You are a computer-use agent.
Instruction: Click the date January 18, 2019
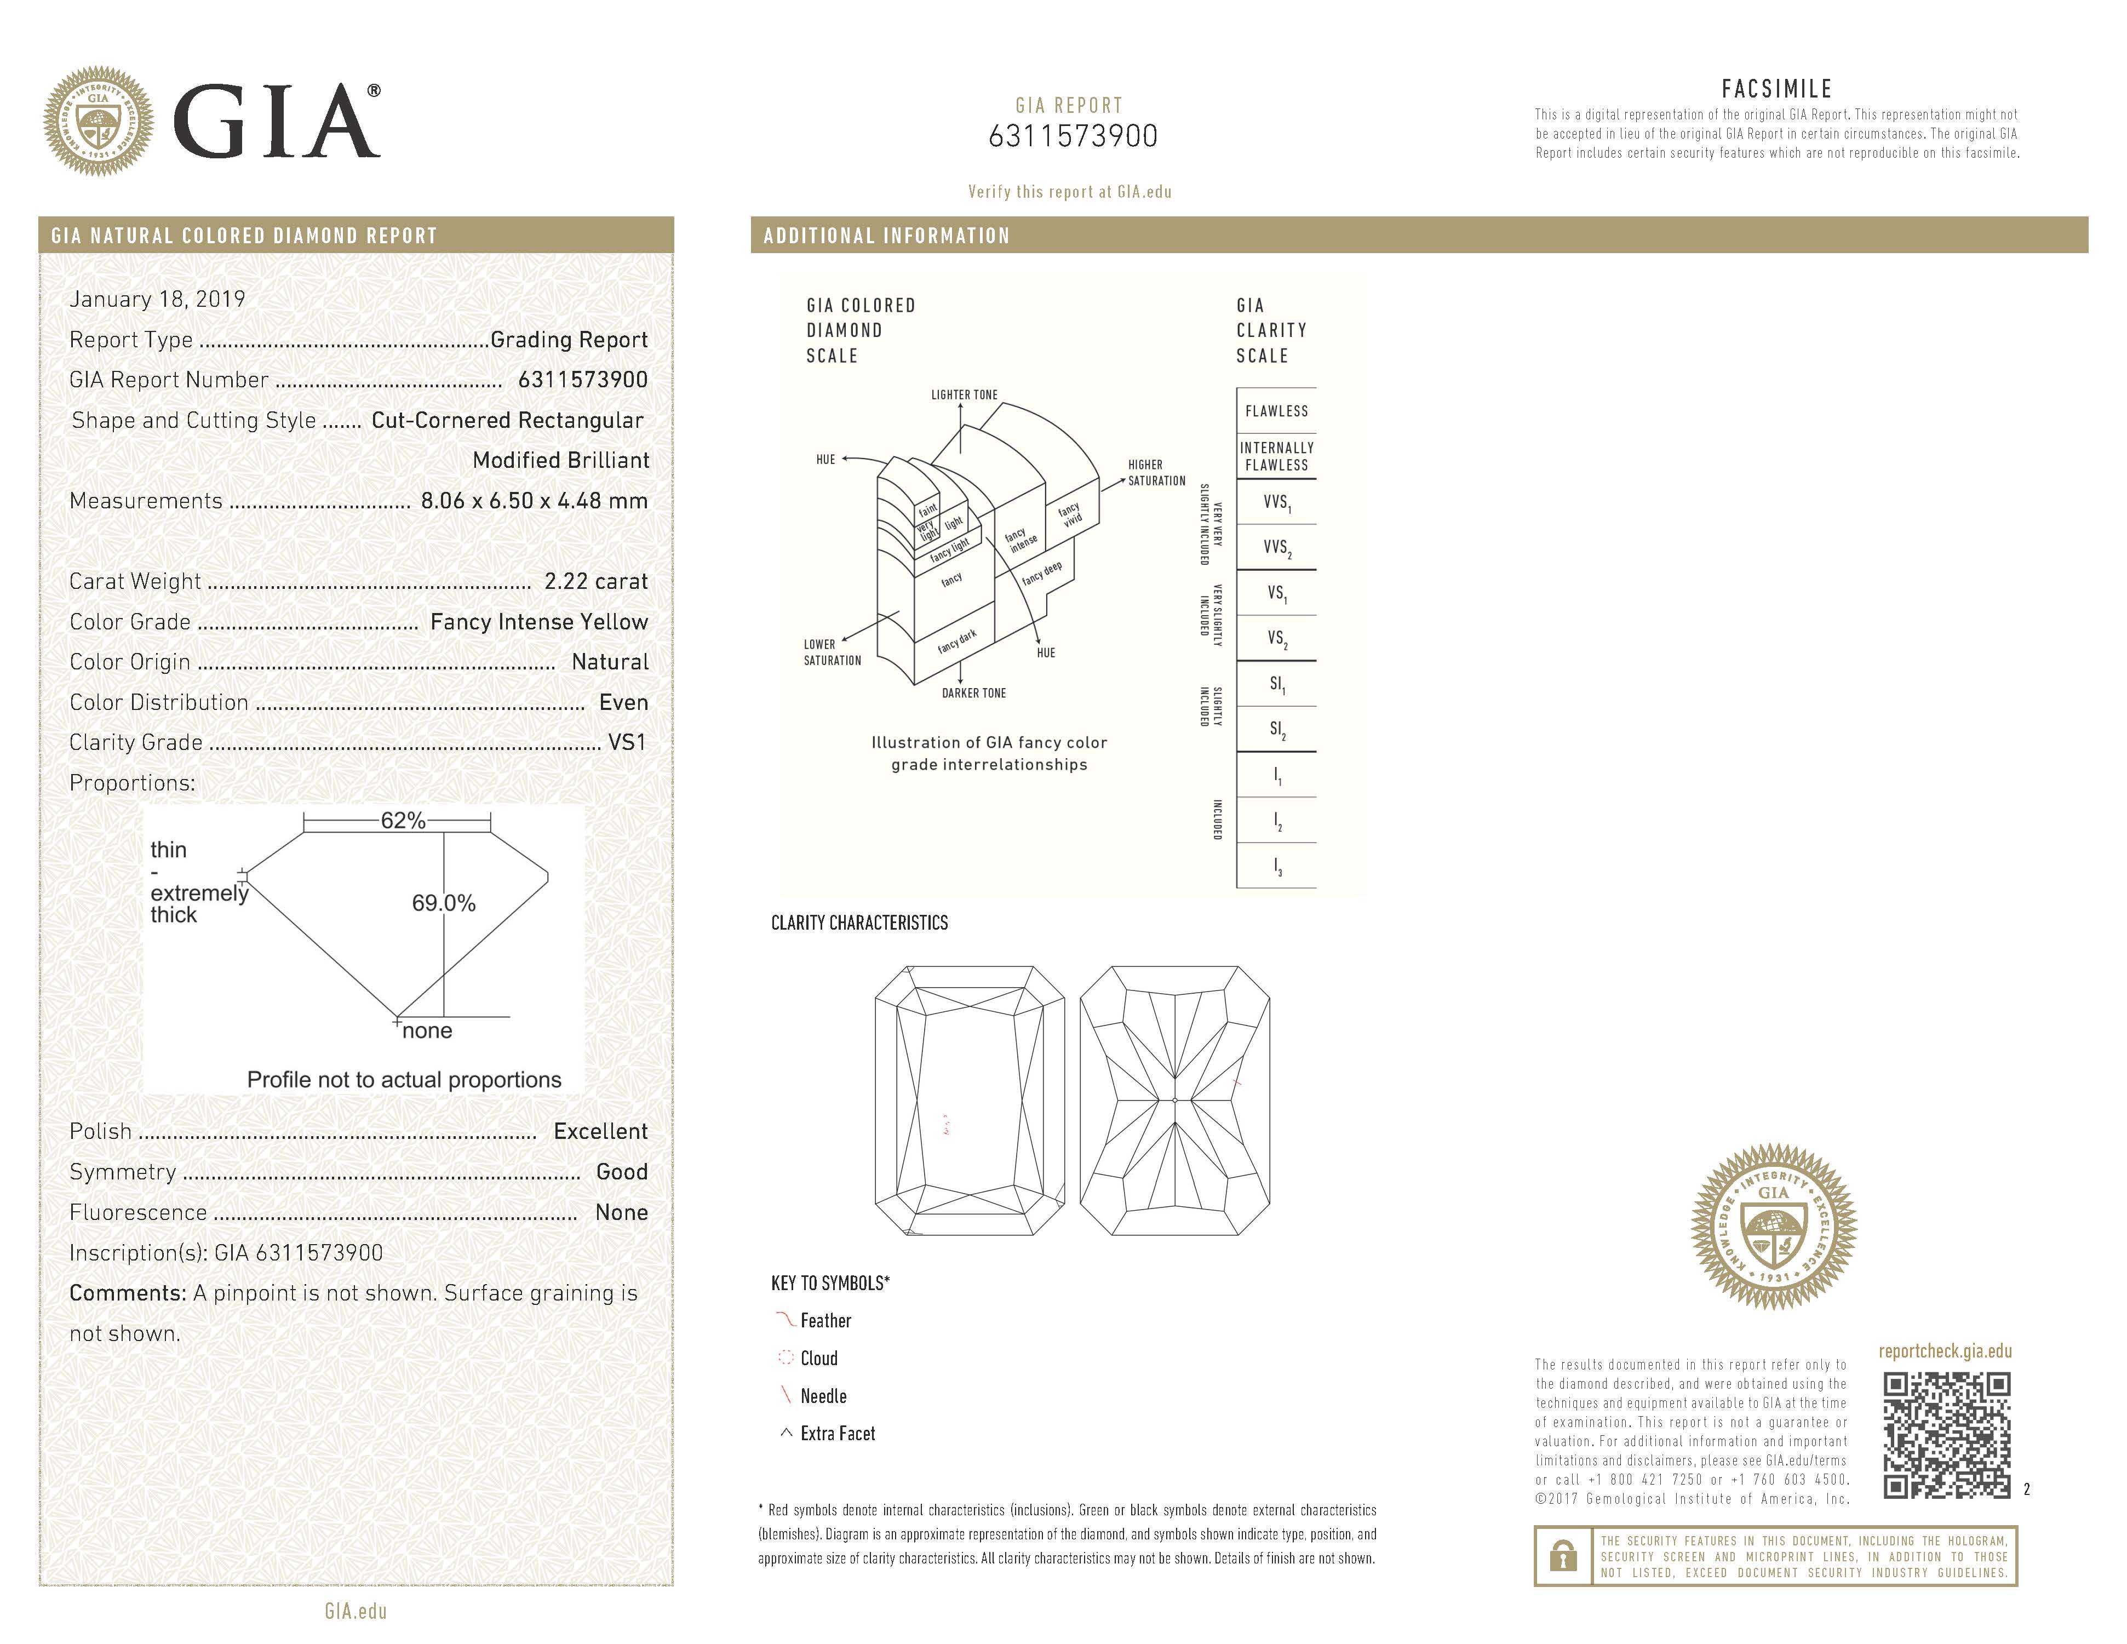(x=157, y=299)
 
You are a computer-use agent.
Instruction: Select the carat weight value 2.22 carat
(x=595, y=581)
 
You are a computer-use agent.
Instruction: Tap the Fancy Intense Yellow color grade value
(x=538, y=621)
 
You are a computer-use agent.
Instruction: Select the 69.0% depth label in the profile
(x=443, y=903)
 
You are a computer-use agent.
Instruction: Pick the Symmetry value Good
(x=621, y=1172)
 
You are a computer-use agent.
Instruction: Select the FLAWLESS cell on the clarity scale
(x=1276, y=411)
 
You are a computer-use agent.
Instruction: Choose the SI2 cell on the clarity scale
(x=1276, y=730)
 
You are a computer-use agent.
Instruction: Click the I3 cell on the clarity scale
(x=1276, y=866)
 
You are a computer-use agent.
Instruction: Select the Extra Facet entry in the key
(x=836, y=1434)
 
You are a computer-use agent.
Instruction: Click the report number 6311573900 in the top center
(x=1073, y=136)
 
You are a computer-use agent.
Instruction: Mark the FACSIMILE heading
(x=1776, y=89)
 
